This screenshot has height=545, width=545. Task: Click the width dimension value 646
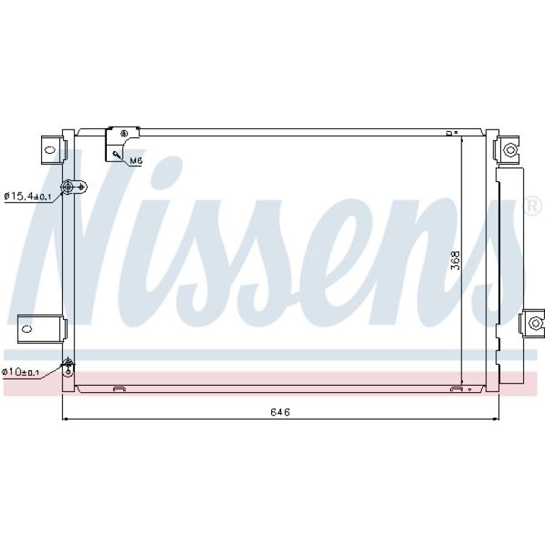click(x=280, y=412)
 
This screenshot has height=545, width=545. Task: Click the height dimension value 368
click(x=455, y=260)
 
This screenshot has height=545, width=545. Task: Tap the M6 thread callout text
click(x=136, y=161)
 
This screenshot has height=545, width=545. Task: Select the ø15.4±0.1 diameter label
click(x=28, y=197)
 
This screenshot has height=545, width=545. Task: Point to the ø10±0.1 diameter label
click(x=21, y=372)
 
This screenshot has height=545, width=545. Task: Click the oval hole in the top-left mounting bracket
click(x=50, y=150)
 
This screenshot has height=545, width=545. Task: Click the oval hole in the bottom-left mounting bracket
click(x=27, y=328)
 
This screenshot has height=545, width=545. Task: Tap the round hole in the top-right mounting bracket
click(x=510, y=150)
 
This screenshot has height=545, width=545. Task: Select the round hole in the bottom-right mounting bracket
click(x=534, y=323)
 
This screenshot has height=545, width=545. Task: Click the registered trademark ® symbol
click(x=534, y=207)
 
